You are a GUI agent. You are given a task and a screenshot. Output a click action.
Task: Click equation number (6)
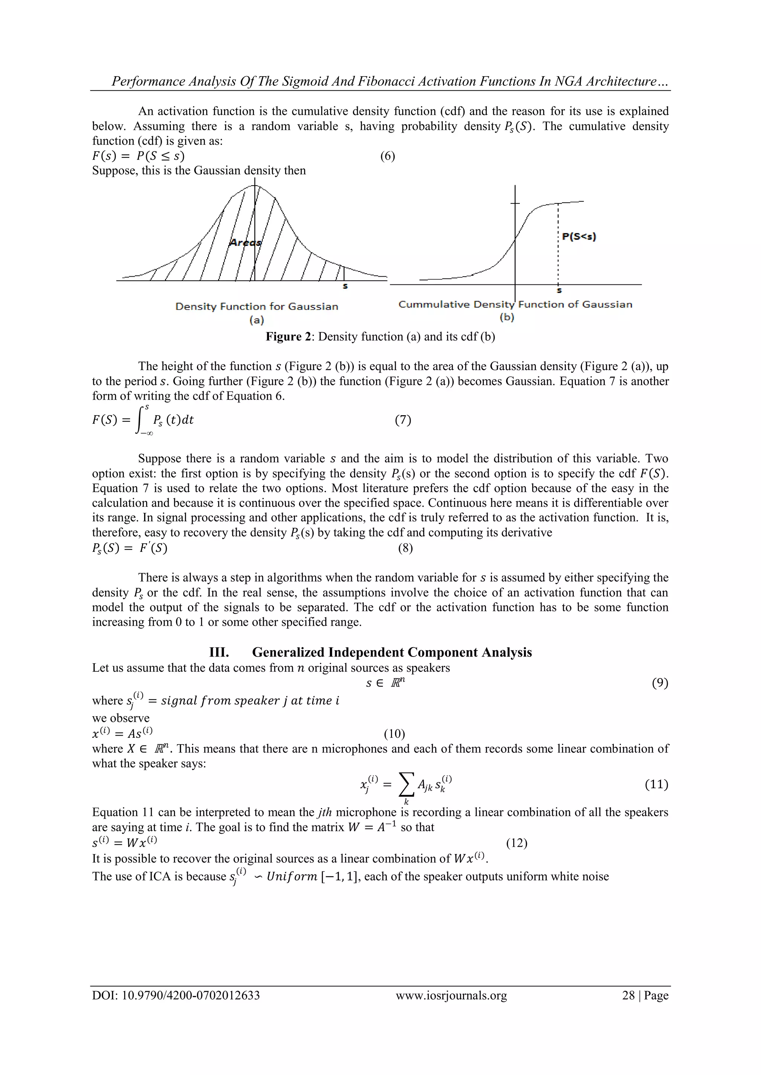387,156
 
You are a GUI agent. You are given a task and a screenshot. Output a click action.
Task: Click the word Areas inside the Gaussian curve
245,242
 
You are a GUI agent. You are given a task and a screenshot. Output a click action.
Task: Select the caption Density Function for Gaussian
256,306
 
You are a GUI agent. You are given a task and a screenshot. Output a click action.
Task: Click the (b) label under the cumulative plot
506,317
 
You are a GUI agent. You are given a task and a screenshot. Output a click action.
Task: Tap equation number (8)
405,548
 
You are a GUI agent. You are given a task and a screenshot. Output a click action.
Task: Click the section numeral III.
219,652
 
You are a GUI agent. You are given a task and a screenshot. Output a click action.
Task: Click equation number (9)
660,683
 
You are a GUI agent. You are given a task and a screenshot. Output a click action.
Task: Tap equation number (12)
516,843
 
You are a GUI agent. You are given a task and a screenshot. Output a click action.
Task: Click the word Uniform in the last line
291,876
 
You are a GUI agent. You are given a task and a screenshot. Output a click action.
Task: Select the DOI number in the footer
191,995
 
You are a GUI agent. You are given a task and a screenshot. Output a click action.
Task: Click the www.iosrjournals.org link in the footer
451,995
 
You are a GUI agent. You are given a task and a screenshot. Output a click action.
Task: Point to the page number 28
628,995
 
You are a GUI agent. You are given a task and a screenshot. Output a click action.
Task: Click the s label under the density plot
345,286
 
